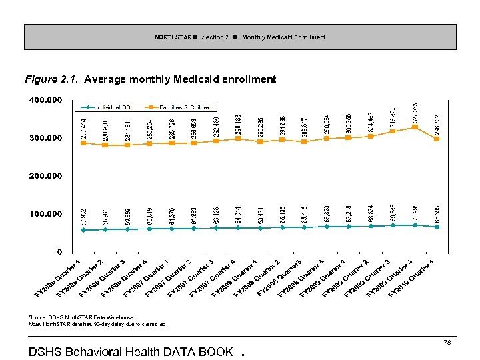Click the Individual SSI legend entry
[x=110, y=107]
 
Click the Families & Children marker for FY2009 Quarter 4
[x=415, y=127]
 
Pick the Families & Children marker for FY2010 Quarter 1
[x=437, y=139]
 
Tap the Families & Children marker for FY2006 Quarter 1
[x=83, y=143]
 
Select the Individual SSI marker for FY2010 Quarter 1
[x=437, y=227]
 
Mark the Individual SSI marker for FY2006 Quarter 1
[x=83, y=230]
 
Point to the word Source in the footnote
[x=38, y=317]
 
